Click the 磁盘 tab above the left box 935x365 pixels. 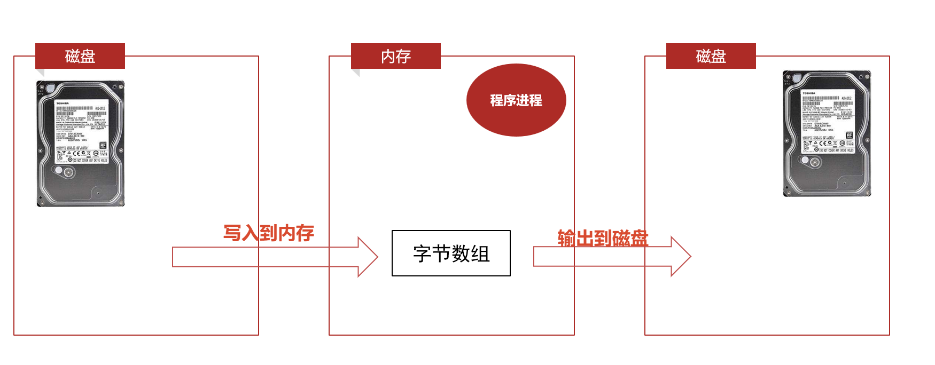click(x=80, y=56)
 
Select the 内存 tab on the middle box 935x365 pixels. click(x=396, y=56)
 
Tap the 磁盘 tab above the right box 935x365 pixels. click(x=711, y=56)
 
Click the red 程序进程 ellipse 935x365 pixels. click(x=516, y=100)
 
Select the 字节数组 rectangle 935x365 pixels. click(x=451, y=253)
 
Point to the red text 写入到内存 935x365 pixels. click(x=269, y=233)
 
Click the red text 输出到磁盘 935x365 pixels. click(x=603, y=238)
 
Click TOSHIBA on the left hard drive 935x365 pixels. click(x=63, y=103)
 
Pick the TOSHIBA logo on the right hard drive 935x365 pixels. click(x=809, y=93)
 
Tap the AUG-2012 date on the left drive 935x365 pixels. click(x=100, y=108)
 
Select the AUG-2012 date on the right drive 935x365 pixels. click(x=847, y=98)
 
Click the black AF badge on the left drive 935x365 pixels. click(x=103, y=145)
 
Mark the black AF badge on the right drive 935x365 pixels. click(x=850, y=135)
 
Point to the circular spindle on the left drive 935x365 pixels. click(x=68, y=172)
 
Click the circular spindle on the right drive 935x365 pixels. click(x=815, y=162)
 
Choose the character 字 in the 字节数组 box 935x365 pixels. click(x=422, y=253)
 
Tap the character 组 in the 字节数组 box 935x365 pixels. click(x=480, y=253)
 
